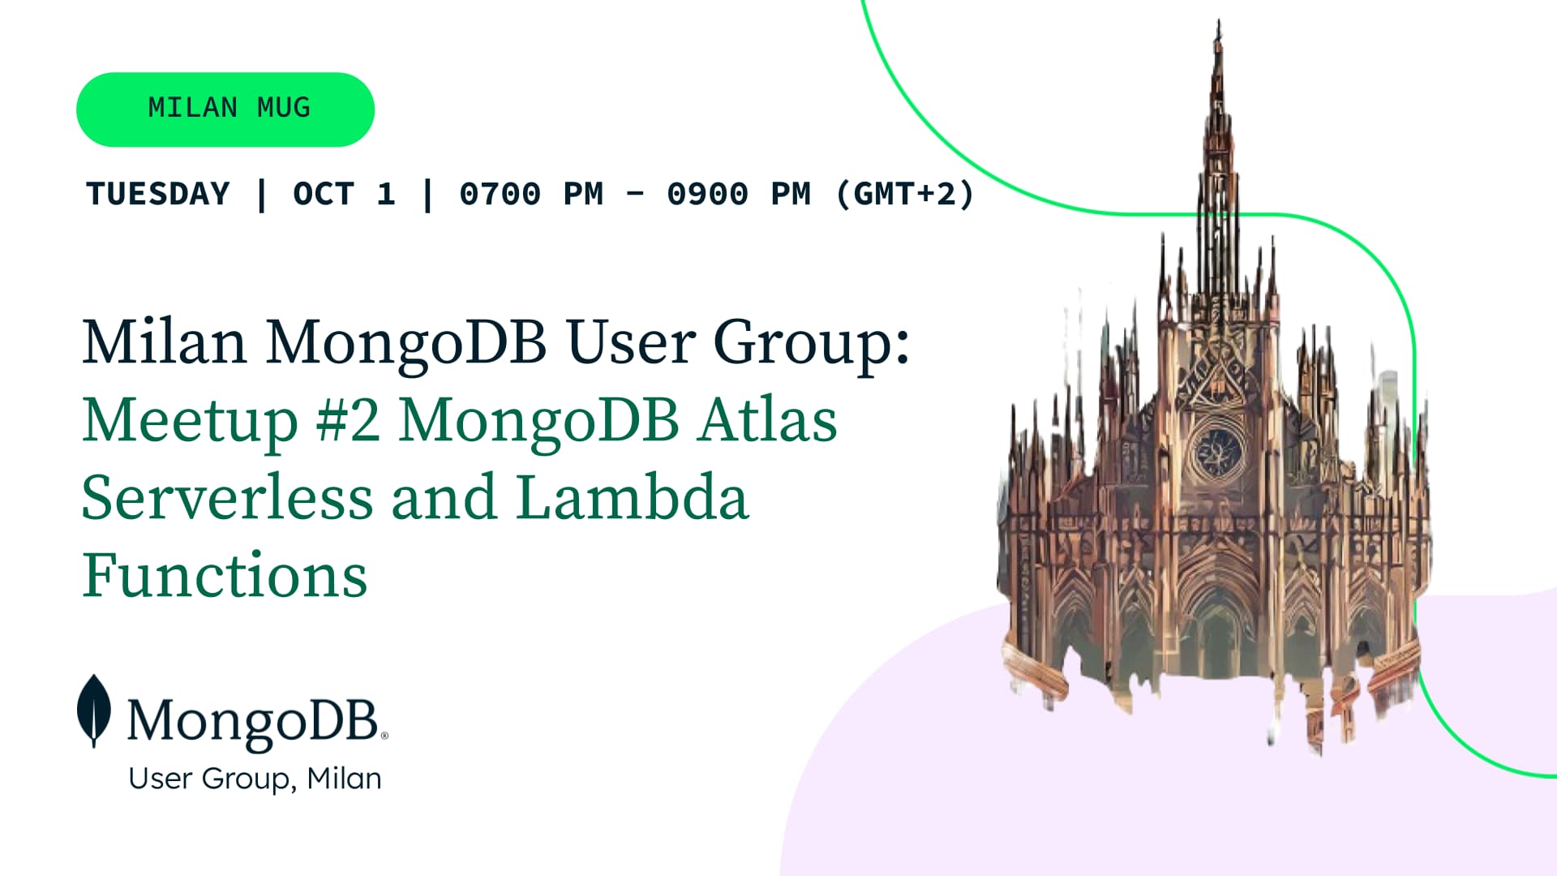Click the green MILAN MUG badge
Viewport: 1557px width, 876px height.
click(x=225, y=109)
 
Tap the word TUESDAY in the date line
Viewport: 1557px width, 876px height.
click(x=158, y=194)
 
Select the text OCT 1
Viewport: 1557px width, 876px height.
click(x=344, y=194)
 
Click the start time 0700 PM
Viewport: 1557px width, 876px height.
click(x=531, y=194)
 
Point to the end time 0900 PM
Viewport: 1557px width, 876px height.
click(x=739, y=194)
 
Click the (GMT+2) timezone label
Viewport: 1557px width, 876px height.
click(x=905, y=194)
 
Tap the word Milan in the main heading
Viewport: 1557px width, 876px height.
click(x=165, y=342)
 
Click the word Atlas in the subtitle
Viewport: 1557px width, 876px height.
click(x=768, y=420)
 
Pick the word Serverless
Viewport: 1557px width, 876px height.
click(x=228, y=497)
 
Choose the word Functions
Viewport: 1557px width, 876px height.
click(x=225, y=574)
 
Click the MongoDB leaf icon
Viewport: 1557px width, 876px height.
click(x=94, y=711)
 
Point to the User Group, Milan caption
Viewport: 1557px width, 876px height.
click(x=255, y=779)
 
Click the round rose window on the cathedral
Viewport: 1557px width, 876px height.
click(x=1217, y=452)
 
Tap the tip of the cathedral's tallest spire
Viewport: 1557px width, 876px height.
click(x=1218, y=21)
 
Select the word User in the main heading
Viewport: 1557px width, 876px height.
click(x=631, y=342)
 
